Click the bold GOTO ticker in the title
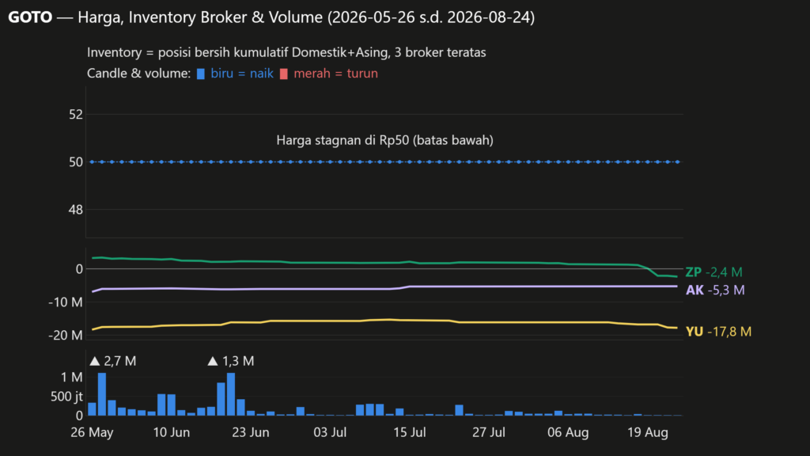click(30, 17)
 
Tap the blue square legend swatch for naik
click(201, 74)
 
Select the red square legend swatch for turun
click(284, 74)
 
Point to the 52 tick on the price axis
click(76, 114)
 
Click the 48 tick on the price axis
click(76, 210)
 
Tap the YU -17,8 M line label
click(718, 332)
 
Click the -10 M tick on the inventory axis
click(66, 302)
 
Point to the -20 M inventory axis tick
click(66, 336)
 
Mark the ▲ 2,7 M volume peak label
click(112, 361)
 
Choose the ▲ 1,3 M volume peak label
click(230, 361)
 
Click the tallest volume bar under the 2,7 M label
click(102, 394)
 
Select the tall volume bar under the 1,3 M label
click(231, 394)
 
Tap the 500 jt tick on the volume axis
click(66, 397)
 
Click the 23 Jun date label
click(251, 432)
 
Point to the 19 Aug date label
click(648, 432)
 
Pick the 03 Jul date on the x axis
click(330, 432)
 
